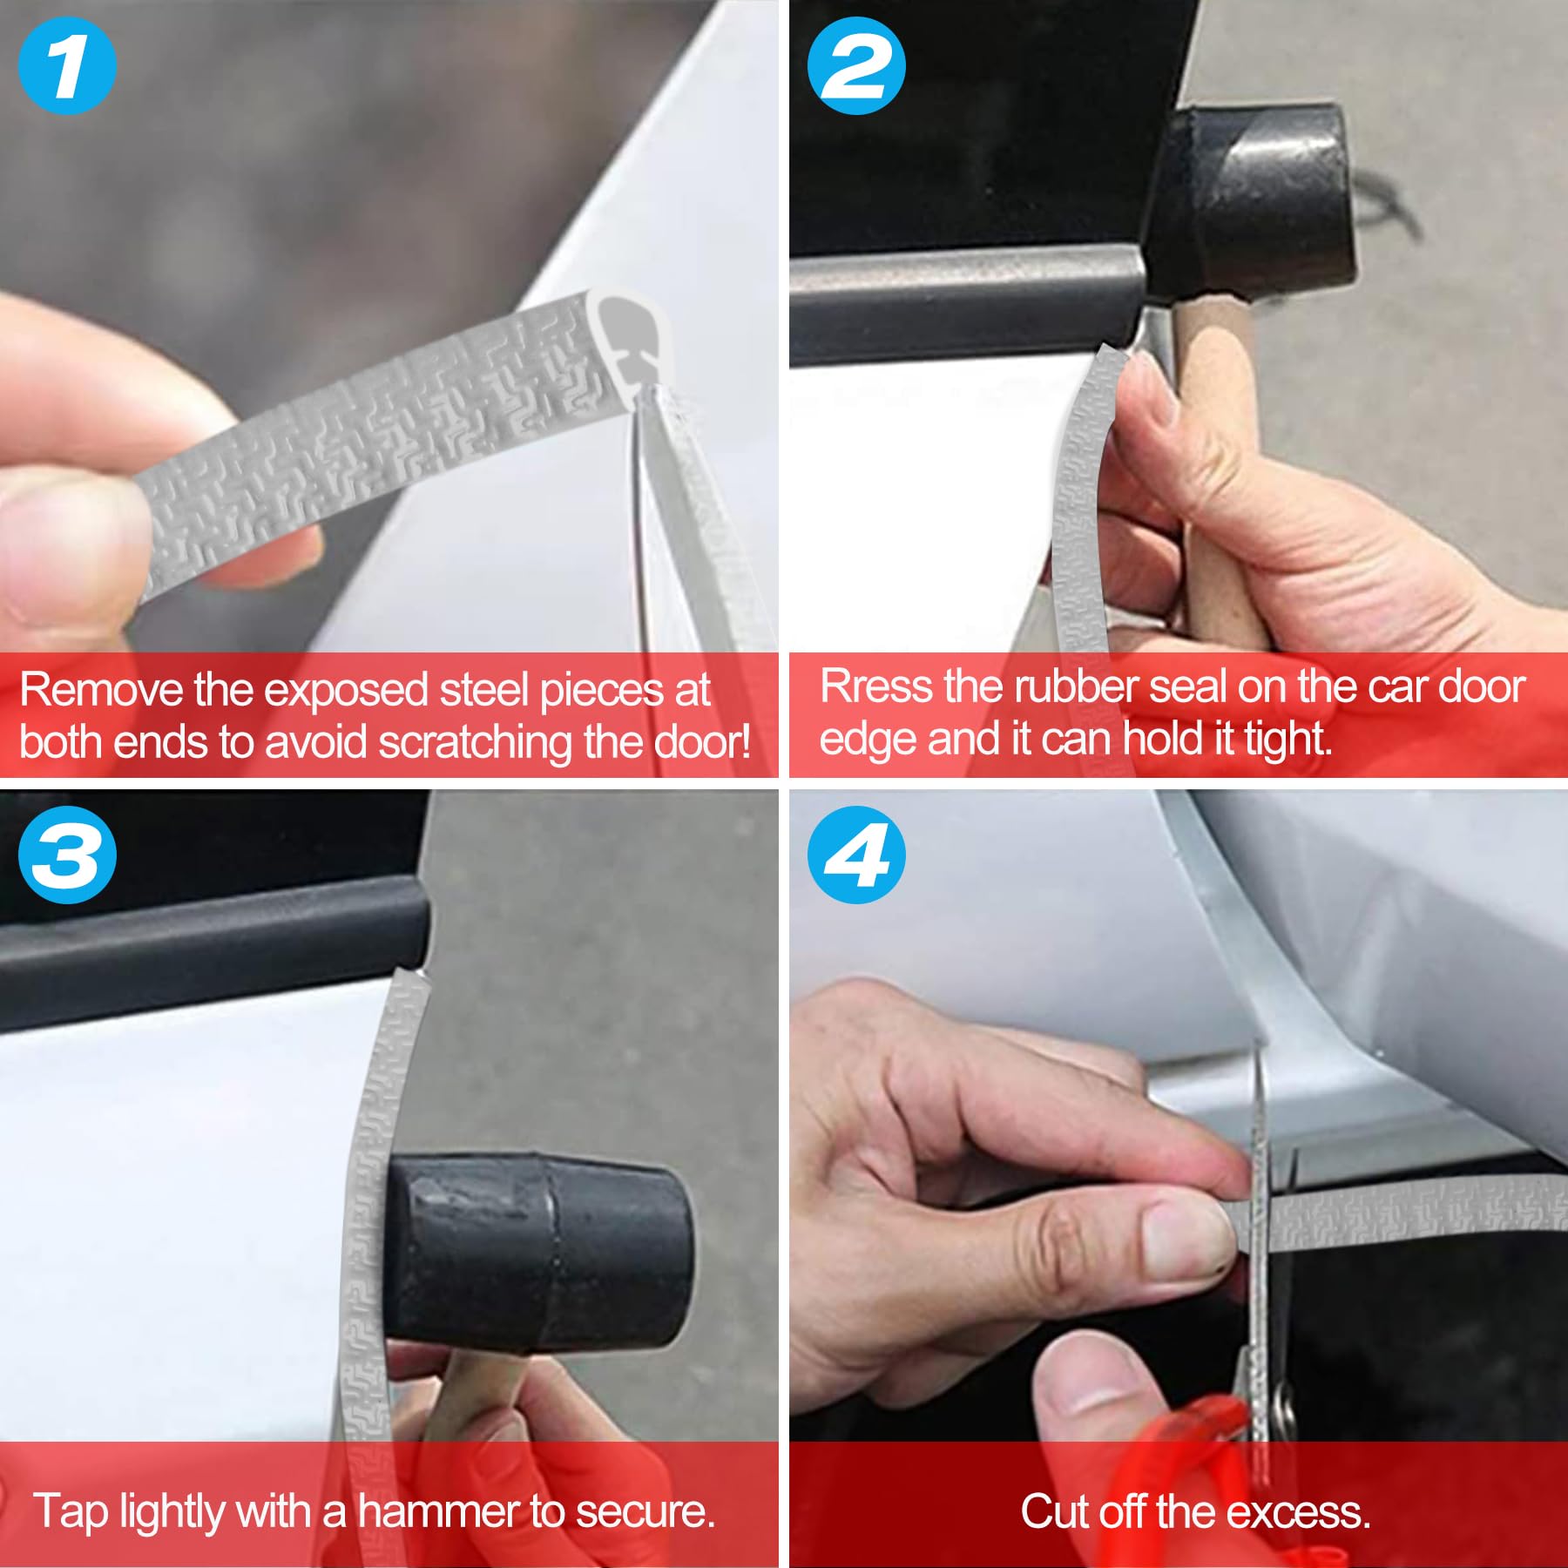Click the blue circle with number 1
click(x=67, y=66)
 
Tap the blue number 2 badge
click(x=856, y=66)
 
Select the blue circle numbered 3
click(x=67, y=855)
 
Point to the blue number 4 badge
click(x=856, y=855)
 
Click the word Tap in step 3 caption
click(x=71, y=1511)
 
